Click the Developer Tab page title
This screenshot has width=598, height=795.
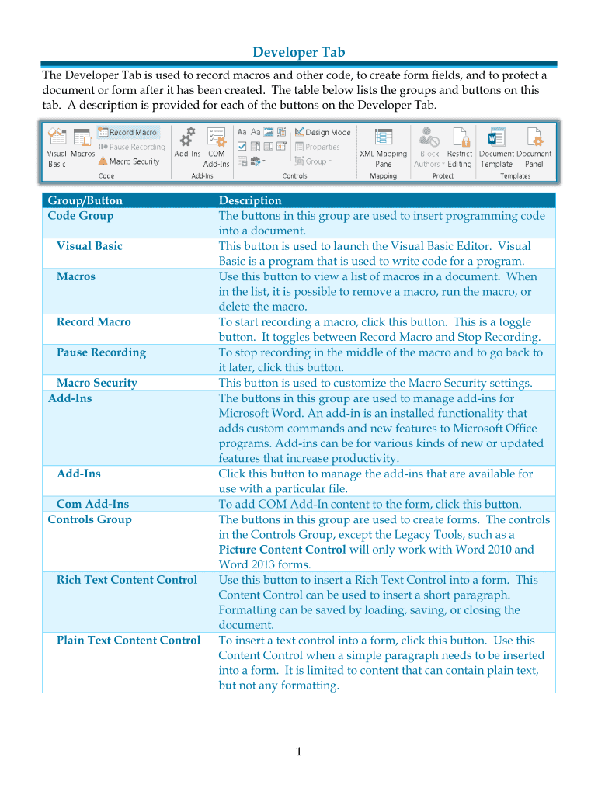[x=299, y=53]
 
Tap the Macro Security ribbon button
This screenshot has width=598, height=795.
[x=129, y=161]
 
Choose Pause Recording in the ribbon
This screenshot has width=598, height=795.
[x=132, y=147]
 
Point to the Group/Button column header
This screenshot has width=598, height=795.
[x=85, y=200]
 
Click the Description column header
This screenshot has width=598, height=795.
[x=250, y=200]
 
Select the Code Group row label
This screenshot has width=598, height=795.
[x=81, y=216]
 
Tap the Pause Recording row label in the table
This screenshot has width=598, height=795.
[x=101, y=352]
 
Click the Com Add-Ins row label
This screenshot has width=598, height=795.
[x=93, y=505]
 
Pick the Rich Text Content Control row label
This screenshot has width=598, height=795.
[x=127, y=580]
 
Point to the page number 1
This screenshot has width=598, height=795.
[x=299, y=752]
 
